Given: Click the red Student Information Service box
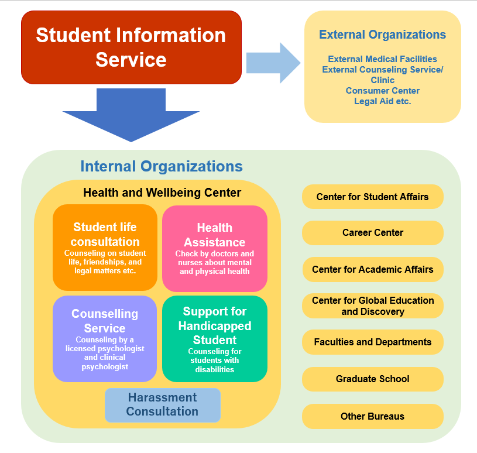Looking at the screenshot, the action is [131, 47].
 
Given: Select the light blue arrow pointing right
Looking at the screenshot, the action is [273, 63].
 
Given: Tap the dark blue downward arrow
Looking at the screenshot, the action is [131, 115].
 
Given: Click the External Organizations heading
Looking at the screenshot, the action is [382, 35].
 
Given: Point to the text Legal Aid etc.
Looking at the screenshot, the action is [382, 101].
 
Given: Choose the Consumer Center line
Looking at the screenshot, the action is [382, 90].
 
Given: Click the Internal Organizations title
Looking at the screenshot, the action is [162, 166].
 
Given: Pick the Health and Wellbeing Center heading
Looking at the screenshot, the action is [162, 193].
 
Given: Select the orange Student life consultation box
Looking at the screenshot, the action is [105, 248].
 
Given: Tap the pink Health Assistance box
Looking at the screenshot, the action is [215, 249].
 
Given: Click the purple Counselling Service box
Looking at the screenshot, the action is [105, 339].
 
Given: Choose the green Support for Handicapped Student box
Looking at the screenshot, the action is [215, 339].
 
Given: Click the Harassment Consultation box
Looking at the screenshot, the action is [163, 405].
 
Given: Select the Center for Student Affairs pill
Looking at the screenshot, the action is [373, 197].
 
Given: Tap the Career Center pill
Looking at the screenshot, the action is [373, 233].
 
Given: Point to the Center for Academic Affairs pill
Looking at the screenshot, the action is [373, 269].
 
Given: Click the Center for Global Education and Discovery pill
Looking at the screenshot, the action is [373, 306].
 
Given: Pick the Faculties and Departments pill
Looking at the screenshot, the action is [373, 342].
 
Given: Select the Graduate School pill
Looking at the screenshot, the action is [373, 379].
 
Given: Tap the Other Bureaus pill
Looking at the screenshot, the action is [373, 416].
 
